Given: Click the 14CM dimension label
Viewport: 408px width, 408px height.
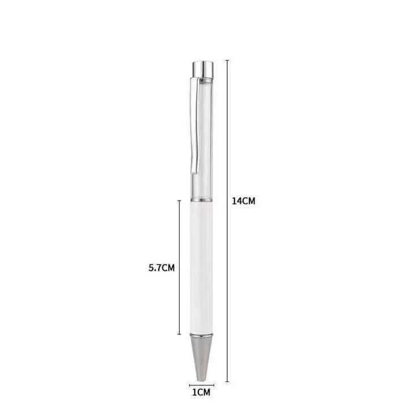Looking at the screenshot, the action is (244, 201).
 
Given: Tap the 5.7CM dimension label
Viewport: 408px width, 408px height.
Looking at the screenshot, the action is (161, 267).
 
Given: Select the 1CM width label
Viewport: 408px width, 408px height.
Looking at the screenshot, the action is (201, 392).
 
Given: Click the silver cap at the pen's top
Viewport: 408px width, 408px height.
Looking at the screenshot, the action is (203, 69).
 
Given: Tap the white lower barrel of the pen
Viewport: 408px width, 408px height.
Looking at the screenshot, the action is (202, 268).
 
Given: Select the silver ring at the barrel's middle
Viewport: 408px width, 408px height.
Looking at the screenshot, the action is (202, 200).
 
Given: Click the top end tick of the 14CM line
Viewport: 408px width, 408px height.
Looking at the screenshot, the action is (227, 60).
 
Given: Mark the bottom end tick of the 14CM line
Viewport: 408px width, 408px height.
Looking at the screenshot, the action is (227, 381).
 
